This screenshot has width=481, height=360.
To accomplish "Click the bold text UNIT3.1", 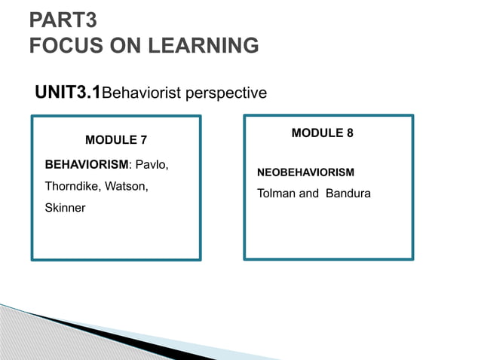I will pos(68,93).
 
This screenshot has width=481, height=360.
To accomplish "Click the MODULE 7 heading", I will pos(115,140).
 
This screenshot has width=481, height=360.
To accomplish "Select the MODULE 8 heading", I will pos(322,133).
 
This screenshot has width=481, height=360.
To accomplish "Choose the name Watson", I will pos(128,185).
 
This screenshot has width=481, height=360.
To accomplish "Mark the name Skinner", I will pos(66,207).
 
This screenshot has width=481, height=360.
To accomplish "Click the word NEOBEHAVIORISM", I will pos(305,172).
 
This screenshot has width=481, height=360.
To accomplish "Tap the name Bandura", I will pos(348,194).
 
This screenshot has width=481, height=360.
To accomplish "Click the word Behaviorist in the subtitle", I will pos(139,94).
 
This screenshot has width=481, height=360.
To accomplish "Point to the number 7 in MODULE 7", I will pos(143,140).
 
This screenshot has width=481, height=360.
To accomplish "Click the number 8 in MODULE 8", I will pos(350,133).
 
